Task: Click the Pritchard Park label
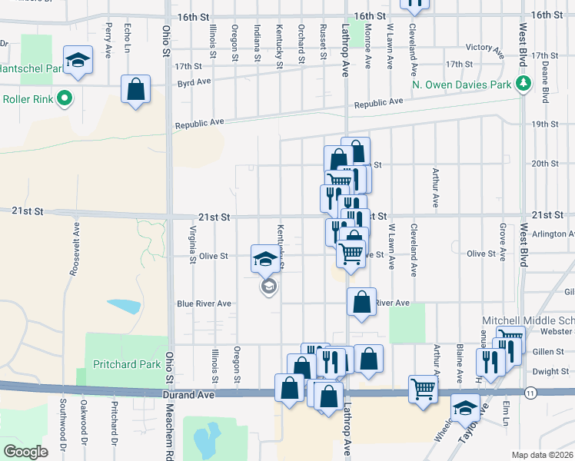127,364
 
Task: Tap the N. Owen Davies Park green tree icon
524,84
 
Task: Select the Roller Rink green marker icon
65,98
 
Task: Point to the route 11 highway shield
530,393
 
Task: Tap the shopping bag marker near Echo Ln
135,89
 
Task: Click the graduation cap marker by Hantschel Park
78,61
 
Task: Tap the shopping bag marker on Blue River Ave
361,302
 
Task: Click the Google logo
25,451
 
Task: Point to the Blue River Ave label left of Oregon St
204,303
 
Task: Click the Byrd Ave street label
194,81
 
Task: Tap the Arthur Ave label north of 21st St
436,188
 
